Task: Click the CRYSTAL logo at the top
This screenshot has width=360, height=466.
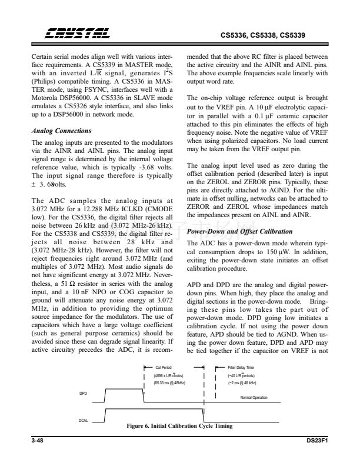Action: click(69, 35)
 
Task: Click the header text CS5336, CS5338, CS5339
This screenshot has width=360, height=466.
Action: click(262, 35)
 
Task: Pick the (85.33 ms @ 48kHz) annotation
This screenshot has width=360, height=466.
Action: click(169, 382)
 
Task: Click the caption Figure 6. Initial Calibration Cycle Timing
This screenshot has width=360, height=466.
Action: click(180, 426)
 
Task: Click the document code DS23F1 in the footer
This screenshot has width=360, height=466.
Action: click(316, 439)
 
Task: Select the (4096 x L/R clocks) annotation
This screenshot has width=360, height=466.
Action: click(169, 374)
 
